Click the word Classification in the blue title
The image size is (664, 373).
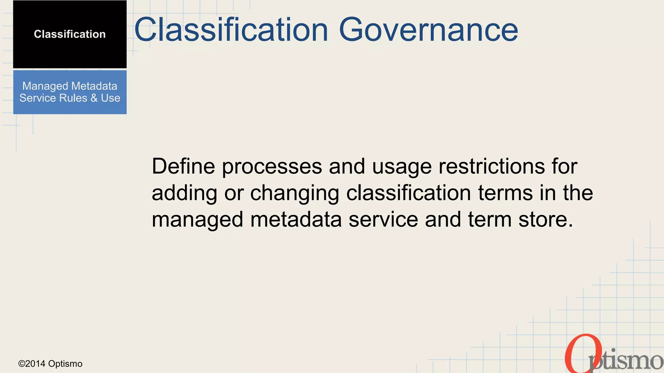coord(231,30)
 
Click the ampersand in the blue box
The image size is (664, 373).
coord(94,98)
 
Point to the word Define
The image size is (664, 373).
coord(183,166)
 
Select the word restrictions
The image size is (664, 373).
coord(492,166)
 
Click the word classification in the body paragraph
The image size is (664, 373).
coord(409,193)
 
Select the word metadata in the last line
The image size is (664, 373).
coord(296,220)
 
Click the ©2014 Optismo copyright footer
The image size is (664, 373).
coord(50,364)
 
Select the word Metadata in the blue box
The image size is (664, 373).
coord(94,86)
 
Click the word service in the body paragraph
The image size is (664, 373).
coord(383,220)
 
